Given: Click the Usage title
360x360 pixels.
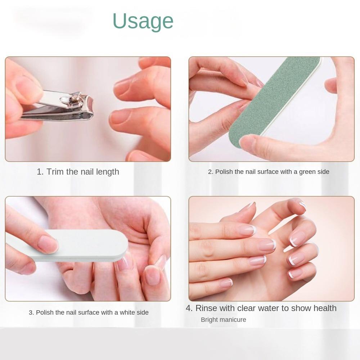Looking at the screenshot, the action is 143,21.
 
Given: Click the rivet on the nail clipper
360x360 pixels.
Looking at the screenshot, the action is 63,100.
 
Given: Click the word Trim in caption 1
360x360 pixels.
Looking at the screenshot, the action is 55,172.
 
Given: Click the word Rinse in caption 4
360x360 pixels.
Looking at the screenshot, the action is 206,308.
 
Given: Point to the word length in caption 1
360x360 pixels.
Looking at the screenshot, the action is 107,172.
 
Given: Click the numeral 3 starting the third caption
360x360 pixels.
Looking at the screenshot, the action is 31,312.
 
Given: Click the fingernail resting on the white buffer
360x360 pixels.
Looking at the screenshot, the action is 48,244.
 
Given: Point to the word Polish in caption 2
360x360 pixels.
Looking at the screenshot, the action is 224,172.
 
